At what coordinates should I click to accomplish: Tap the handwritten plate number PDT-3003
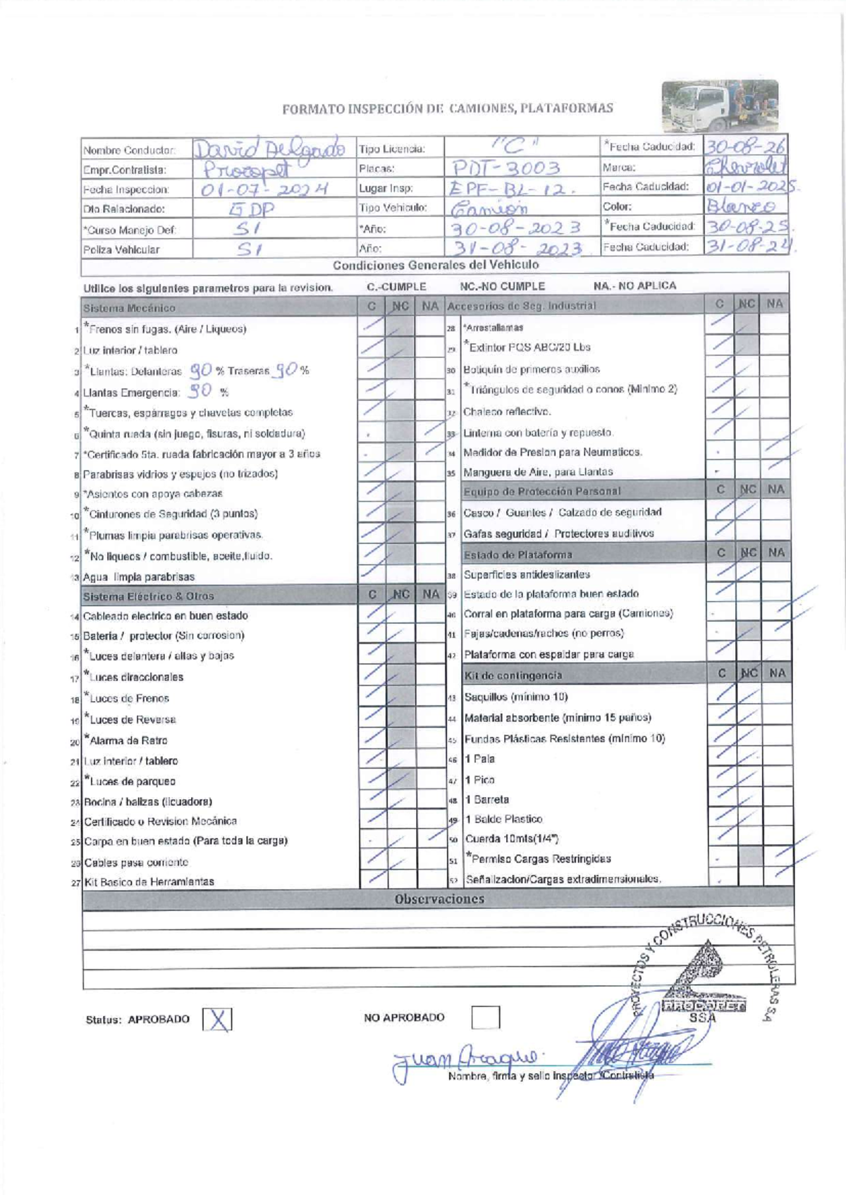[x=505, y=168]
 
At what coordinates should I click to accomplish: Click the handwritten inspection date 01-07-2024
[x=265, y=190]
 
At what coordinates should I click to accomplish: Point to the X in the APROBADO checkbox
[x=218, y=1020]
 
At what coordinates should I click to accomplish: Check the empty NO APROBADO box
[x=485, y=1017]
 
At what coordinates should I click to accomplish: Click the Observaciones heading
[x=439, y=899]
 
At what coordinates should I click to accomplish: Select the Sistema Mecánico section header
[x=129, y=308]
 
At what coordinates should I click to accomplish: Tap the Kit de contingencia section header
[x=513, y=676]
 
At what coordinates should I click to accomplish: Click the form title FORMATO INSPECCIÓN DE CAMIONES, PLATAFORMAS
[x=448, y=109]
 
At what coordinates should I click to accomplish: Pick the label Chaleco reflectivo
[x=507, y=412]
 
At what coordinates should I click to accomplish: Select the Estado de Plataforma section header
[x=518, y=555]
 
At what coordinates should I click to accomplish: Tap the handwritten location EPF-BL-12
[x=504, y=188]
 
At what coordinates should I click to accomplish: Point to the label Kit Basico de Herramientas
[x=149, y=882]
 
